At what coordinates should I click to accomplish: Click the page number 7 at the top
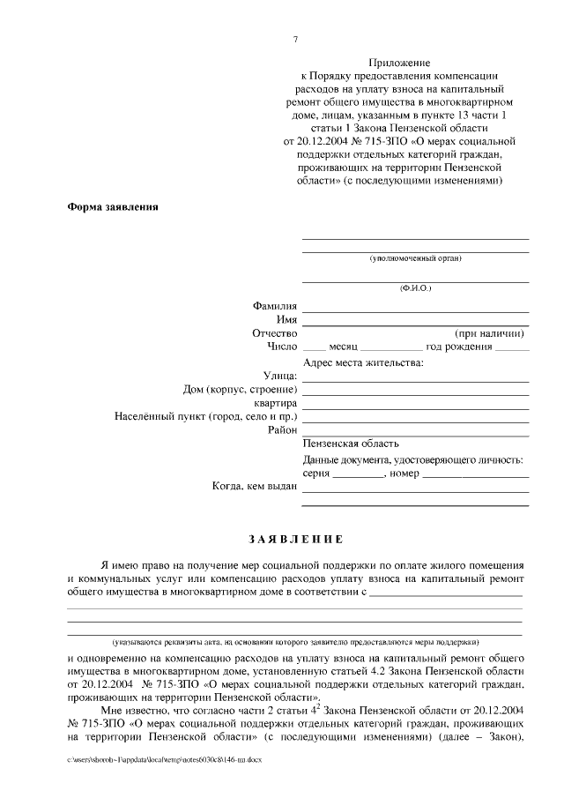(x=296, y=40)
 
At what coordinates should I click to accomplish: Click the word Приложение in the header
(x=401, y=64)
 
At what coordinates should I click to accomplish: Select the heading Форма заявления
(x=113, y=207)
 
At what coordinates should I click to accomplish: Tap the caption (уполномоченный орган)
(x=415, y=258)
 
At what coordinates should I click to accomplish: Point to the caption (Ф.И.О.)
(x=415, y=288)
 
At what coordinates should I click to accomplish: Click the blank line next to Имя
(x=415, y=320)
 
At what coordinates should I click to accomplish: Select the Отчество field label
(x=274, y=334)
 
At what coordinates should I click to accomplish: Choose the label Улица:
(x=280, y=377)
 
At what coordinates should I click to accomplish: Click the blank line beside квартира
(x=415, y=404)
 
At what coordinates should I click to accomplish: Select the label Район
(x=282, y=430)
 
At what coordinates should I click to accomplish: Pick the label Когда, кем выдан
(x=255, y=487)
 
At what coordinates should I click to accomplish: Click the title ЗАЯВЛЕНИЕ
(x=296, y=539)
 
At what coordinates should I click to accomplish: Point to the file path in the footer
(x=164, y=758)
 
